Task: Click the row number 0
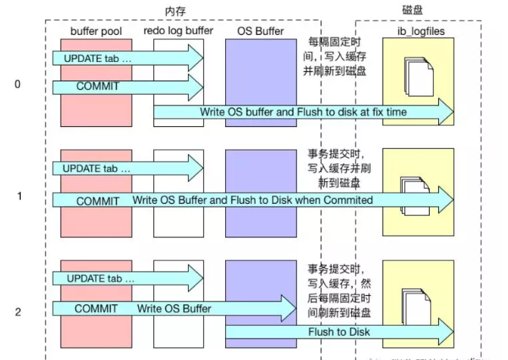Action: coord(17,84)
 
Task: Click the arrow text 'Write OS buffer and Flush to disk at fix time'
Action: coord(304,113)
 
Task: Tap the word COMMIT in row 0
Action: coord(98,86)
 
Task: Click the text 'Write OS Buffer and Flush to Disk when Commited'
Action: coord(252,200)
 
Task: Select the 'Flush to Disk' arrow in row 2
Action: coord(339,332)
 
